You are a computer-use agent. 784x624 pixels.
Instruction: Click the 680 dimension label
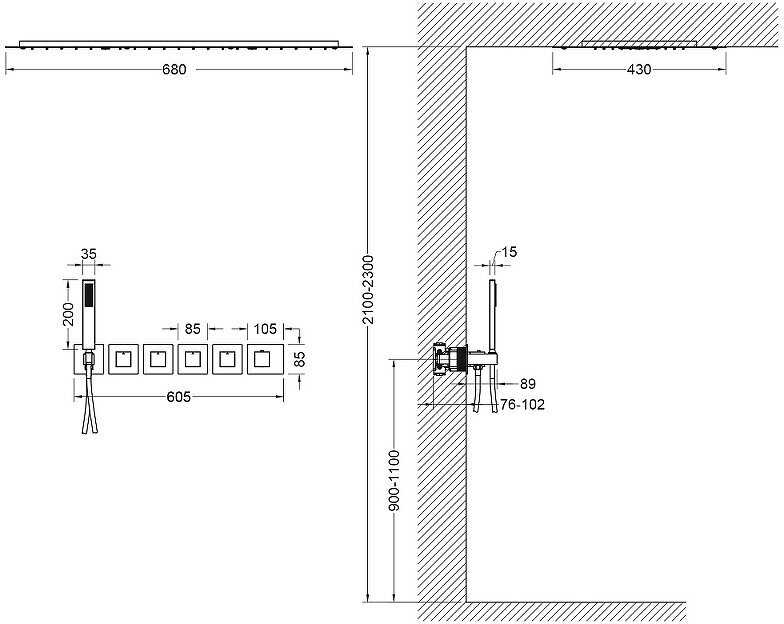[174, 69]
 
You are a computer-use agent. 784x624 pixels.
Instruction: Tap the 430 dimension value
[639, 69]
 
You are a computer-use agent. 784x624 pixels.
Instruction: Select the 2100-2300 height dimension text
[368, 290]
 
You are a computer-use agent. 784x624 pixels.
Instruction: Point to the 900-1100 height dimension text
[394, 480]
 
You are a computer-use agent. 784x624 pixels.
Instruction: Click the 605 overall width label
[178, 396]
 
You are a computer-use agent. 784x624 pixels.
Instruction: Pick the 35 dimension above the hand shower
[88, 254]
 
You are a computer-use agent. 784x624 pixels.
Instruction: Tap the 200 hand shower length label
[69, 314]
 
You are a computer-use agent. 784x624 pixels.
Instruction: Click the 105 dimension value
[264, 329]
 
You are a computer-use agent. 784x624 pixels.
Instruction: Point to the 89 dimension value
[528, 384]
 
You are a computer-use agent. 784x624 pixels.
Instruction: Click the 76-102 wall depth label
[522, 404]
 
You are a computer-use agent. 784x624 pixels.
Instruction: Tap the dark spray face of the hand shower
[88, 294]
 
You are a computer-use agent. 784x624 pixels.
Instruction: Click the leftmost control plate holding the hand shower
[89, 359]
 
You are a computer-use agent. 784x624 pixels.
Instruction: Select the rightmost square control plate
[265, 359]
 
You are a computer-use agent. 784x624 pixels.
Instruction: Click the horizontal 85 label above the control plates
[192, 329]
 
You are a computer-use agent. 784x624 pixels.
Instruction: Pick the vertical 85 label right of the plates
[299, 359]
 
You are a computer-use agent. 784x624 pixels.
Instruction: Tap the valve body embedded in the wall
[450, 359]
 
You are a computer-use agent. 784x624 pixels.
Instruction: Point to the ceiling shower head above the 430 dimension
[639, 45]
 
